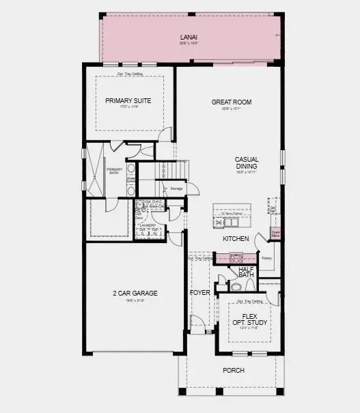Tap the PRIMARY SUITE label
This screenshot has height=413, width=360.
point(128,100)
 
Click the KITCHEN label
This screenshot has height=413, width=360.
point(235,239)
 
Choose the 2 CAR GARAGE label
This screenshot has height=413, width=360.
point(135,293)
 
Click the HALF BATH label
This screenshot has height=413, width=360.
point(246,272)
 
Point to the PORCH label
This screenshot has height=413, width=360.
point(233,370)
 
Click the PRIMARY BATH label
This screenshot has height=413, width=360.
point(114,171)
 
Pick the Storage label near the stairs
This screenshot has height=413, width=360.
point(176,188)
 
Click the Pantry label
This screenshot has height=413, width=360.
point(266,258)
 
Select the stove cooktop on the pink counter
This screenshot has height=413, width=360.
point(236,258)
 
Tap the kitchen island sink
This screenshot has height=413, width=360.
point(219,223)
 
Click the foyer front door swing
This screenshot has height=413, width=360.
point(197,323)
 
